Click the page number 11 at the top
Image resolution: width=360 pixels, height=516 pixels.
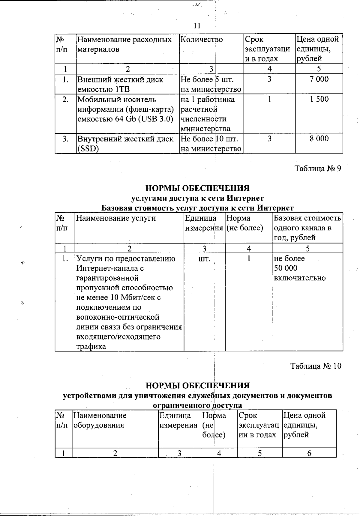197,25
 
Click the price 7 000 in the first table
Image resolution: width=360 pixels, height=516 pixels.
319,79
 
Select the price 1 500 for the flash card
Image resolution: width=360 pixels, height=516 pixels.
319,99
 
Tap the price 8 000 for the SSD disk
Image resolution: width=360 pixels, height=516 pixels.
319,139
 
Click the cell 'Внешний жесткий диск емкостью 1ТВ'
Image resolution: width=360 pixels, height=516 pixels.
120,84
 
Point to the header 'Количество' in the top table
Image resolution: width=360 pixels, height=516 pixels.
202,40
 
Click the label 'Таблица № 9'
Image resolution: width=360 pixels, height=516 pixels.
318,169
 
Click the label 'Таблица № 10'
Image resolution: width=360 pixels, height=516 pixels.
316,366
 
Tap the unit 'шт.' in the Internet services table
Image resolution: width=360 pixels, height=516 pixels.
204,258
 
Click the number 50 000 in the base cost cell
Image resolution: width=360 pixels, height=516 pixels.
286,268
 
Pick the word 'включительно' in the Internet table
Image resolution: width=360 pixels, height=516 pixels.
300,278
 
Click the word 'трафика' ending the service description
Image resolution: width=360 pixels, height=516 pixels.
91,347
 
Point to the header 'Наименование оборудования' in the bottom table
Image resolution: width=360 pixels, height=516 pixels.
100,420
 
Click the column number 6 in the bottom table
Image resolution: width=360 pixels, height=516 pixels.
309,453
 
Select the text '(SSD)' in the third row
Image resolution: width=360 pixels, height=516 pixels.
88,149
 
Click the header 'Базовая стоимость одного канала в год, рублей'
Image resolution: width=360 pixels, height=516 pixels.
307,228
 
